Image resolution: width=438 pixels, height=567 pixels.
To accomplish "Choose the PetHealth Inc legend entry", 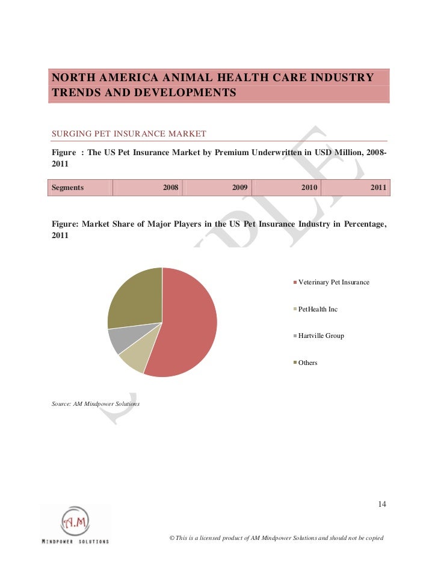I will pyautogui.click(x=318, y=309).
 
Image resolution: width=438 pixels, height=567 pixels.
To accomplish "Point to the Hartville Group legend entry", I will pyautogui.click(x=321, y=336).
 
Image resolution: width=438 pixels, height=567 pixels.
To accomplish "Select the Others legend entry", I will pyautogui.click(x=307, y=363).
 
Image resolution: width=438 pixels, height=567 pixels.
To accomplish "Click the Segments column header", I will pyautogui.click(x=67, y=188).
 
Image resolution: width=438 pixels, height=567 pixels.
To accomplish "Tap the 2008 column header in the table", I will pyautogui.click(x=171, y=188).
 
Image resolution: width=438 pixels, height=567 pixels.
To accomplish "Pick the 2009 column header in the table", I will pyautogui.click(x=240, y=188).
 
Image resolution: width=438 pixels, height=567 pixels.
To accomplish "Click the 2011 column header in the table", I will pyautogui.click(x=378, y=188).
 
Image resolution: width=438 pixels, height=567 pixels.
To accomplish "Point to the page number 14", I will pyautogui.click(x=381, y=504).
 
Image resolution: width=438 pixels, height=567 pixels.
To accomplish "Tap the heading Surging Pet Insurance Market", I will pyautogui.click(x=129, y=133).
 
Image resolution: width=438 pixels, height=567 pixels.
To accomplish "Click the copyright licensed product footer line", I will pyautogui.click(x=277, y=537).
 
